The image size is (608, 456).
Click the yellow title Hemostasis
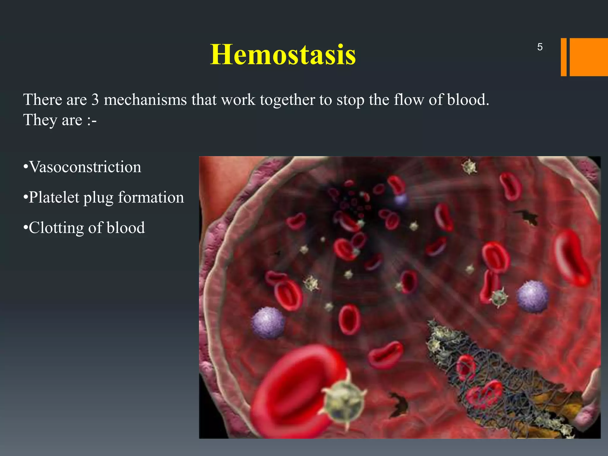283,55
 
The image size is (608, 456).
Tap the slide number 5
540,47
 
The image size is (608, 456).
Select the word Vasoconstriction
85,167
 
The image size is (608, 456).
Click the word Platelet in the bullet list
54,197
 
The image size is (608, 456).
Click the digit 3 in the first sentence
95,99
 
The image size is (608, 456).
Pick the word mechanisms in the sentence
145,99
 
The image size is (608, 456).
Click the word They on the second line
40,120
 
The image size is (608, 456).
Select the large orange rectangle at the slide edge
588,57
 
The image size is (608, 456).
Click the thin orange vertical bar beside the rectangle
563,57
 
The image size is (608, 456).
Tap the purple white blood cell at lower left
268,323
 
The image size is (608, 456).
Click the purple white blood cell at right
532,297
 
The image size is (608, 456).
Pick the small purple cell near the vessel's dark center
401,199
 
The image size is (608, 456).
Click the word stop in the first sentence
350,100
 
